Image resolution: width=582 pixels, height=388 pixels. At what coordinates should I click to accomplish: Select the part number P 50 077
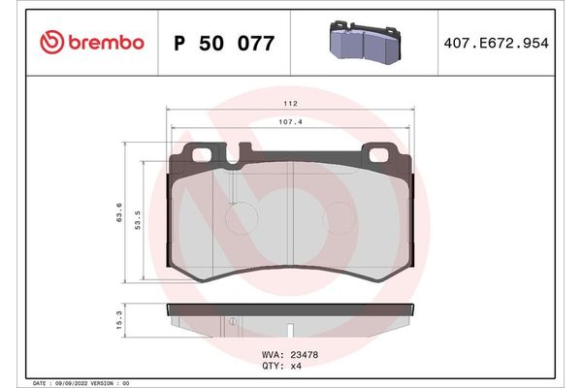point(223,43)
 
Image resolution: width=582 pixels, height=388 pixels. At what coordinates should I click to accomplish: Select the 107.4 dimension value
point(290,122)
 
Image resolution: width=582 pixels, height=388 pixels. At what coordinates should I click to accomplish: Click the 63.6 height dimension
point(119,213)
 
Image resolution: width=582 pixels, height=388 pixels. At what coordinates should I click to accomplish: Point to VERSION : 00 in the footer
point(114,383)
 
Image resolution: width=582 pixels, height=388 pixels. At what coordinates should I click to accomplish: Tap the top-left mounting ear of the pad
point(204,152)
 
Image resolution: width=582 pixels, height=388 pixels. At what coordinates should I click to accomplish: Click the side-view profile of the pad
point(290,315)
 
